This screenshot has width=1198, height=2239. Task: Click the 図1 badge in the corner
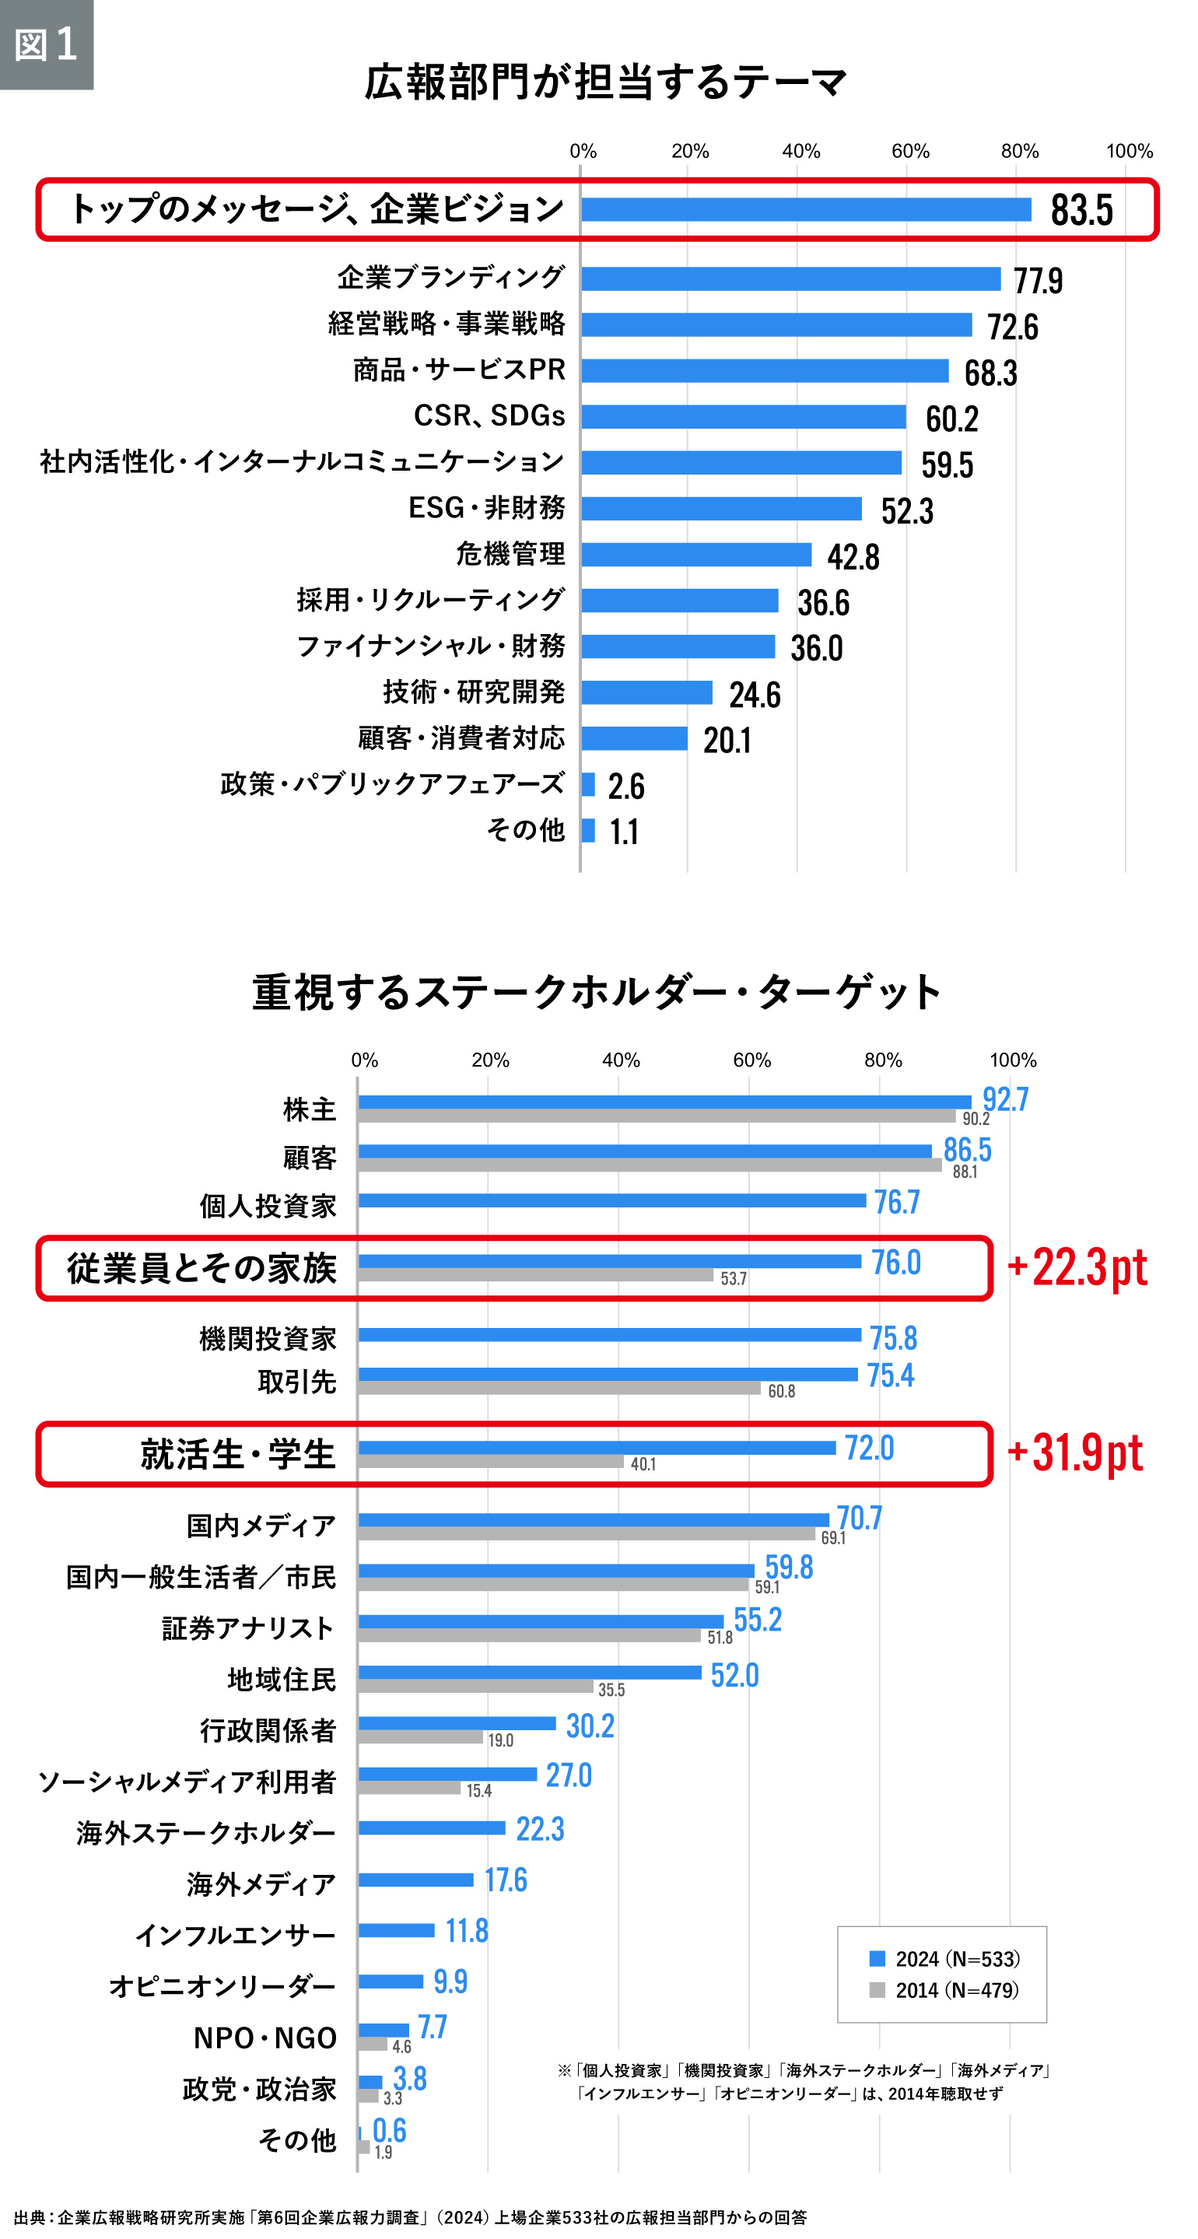(46, 44)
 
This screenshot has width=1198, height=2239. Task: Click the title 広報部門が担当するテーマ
(605, 82)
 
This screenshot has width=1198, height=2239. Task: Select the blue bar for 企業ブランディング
(790, 279)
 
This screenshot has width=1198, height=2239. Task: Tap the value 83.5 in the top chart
(1081, 210)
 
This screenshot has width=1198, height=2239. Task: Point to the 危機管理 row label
(510, 554)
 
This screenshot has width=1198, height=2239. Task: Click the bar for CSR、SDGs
(744, 416)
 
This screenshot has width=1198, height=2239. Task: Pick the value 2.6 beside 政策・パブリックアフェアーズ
(626, 787)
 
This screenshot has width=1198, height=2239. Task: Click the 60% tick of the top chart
(909, 151)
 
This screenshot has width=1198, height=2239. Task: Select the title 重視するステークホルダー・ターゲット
(597, 992)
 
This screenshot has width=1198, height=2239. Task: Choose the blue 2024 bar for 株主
(664, 1102)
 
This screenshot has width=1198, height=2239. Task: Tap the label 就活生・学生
(237, 1454)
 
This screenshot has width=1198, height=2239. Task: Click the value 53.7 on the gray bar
(733, 1278)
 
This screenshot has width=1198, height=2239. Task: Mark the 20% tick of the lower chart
(490, 1060)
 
